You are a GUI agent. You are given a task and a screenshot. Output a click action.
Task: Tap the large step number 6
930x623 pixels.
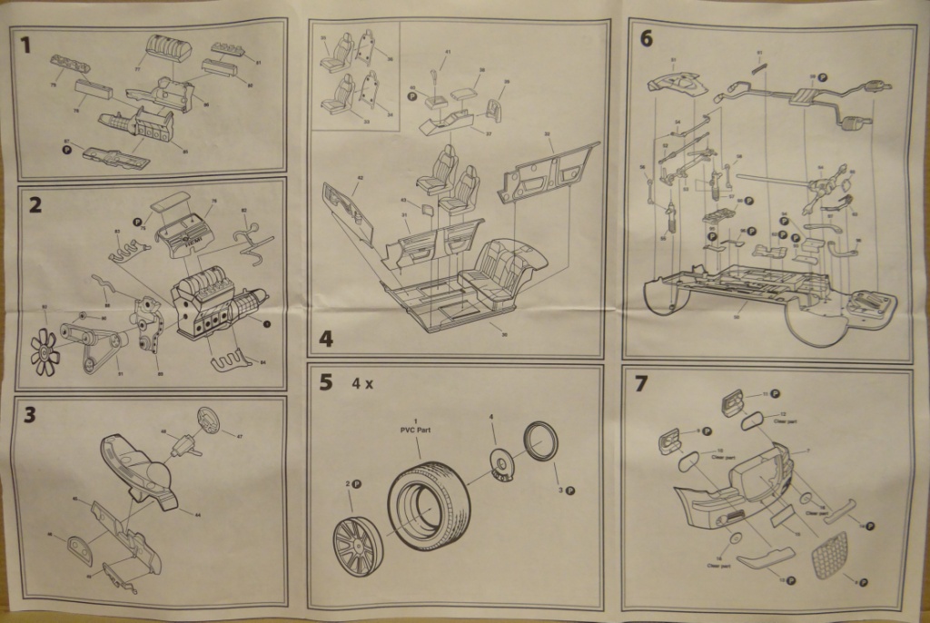(647, 38)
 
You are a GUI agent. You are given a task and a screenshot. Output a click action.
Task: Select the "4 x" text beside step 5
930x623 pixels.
(363, 383)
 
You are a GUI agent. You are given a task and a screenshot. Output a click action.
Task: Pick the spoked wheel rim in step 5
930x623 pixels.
(358, 543)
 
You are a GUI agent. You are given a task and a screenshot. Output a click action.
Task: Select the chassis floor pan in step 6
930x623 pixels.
(754, 291)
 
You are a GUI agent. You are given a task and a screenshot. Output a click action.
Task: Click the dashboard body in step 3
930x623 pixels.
(136, 468)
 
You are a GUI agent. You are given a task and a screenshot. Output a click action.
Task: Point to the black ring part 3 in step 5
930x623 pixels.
(541, 441)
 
